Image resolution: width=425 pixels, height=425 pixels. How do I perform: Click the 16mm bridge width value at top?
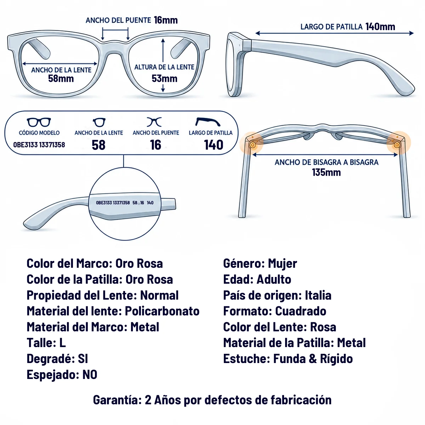click(x=166, y=20)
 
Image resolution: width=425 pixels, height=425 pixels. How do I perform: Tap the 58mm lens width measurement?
click(x=61, y=79)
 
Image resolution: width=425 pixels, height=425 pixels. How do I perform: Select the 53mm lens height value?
click(x=164, y=79)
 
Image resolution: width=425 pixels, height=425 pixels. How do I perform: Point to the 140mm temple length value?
click(x=380, y=27)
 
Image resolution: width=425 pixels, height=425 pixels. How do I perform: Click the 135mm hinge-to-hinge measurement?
click(x=327, y=172)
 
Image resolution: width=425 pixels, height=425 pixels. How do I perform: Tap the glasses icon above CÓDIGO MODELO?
click(x=39, y=122)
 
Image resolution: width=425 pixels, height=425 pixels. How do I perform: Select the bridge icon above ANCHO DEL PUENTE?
click(x=154, y=122)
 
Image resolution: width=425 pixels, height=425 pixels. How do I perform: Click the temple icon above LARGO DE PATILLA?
click(x=208, y=122)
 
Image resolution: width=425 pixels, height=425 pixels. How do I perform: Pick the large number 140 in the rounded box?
click(x=214, y=145)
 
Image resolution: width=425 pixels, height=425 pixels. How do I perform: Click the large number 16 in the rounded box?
click(x=155, y=145)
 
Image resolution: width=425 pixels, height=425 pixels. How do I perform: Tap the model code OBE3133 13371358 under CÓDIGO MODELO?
click(x=39, y=145)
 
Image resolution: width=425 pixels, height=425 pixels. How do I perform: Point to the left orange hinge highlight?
click(x=252, y=144)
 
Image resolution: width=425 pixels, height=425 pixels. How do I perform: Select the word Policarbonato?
click(x=162, y=311)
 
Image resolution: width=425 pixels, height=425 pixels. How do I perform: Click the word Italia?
click(x=318, y=295)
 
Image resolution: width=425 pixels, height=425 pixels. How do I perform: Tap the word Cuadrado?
click(x=301, y=311)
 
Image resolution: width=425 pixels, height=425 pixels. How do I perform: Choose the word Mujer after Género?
click(x=282, y=264)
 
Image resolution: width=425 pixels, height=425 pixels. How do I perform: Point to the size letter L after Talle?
click(x=62, y=343)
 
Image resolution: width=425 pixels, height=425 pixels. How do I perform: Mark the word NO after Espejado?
click(x=90, y=375)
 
